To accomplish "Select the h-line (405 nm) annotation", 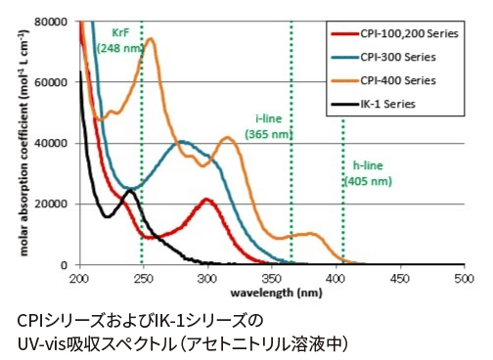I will [x=368, y=173].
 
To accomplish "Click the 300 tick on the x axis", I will [x=206, y=279].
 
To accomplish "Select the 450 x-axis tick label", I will [x=399, y=279].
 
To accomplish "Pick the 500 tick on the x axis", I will [x=464, y=279].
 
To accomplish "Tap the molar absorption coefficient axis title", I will [x=23, y=142].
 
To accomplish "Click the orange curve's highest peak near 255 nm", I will [x=150, y=39].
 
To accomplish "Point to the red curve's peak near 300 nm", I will [x=206, y=200].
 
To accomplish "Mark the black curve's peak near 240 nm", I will [x=129, y=191].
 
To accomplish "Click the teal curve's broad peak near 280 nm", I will [x=182, y=142].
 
